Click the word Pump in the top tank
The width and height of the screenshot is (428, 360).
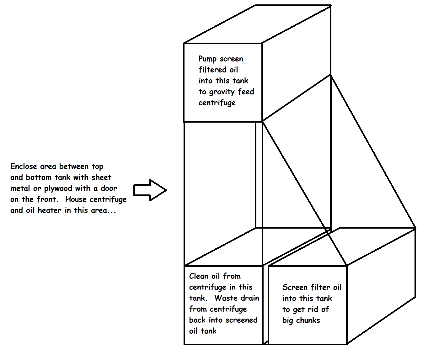tap(207, 59)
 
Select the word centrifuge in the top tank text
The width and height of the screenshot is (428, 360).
tap(217, 103)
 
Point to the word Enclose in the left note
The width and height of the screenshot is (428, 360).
tap(24, 166)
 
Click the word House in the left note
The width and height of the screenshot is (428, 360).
tap(76, 199)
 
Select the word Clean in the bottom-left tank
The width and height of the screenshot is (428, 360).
tap(199, 276)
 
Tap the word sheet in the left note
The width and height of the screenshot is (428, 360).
tap(101, 177)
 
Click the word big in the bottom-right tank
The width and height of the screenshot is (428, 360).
tap(287, 321)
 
